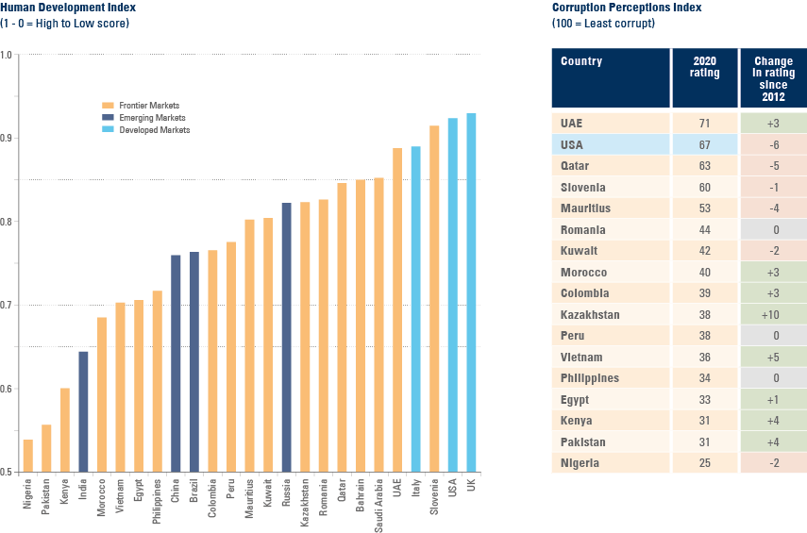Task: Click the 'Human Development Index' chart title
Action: (x=68, y=8)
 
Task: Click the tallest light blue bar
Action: (x=471, y=292)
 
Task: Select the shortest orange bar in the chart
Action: (x=28, y=455)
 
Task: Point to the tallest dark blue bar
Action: (x=286, y=337)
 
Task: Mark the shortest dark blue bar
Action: (x=83, y=410)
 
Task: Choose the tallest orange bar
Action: (x=434, y=298)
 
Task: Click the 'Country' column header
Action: (x=581, y=62)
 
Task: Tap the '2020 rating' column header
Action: (x=704, y=68)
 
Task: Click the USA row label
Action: (x=571, y=144)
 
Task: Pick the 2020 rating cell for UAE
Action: (x=704, y=124)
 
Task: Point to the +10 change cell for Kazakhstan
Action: (x=773, y=314)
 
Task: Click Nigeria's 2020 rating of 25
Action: (x=704, y=463)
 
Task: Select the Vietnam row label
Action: (x=580, y=357)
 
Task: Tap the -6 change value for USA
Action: (x=773, y=144)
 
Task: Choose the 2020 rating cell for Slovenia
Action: (x=704, y=187)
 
